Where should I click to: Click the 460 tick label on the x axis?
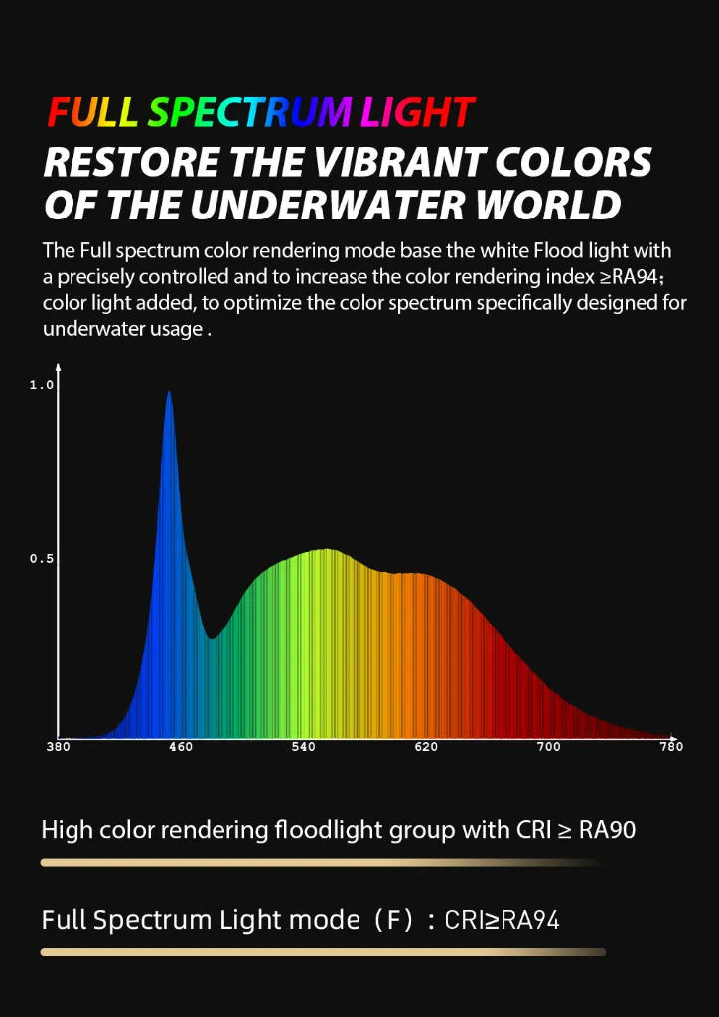point(180,747)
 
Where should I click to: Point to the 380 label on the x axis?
point(59,747)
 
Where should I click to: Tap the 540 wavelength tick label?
point(304,747)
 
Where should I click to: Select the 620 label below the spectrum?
point(426,747)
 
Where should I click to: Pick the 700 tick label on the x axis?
point(548,747)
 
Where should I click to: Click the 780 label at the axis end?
point(671,747)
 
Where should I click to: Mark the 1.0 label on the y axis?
point(41,386)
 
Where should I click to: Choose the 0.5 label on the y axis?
point(41,560)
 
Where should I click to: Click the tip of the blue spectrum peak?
point(169,391)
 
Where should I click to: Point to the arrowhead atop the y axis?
point(59,367)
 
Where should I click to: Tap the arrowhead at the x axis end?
point(674,738)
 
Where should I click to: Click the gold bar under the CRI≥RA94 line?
point(323,952)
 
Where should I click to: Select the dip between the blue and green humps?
point(212,639)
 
